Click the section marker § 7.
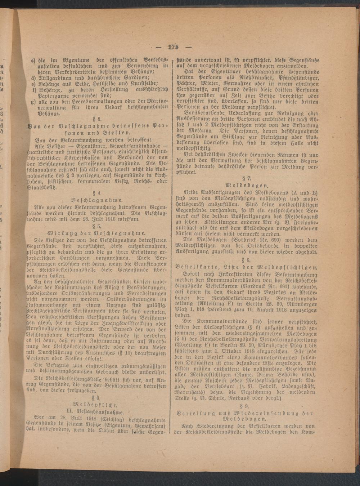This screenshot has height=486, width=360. point(246,177)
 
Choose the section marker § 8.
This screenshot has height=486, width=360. point(246,260)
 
